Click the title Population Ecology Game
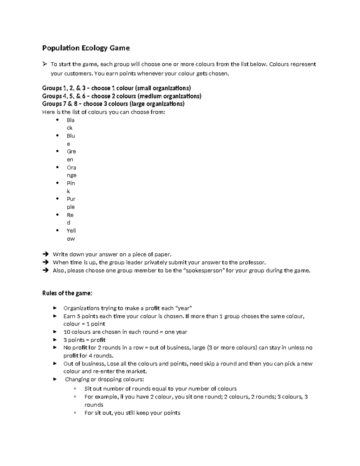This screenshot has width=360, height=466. tap(86, 48)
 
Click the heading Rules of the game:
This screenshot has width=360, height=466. tap(67, 293)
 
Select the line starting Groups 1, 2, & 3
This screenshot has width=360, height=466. tap(116, 88)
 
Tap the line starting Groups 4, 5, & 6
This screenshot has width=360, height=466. tap(121, 96)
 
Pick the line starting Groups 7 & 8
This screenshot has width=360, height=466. tap(113, 104)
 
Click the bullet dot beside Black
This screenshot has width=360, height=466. tap(57, 120)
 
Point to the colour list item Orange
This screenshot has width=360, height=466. tap(71, 171)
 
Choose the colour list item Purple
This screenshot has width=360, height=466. tap(71, 203)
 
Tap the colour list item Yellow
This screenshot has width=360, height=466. tap(71, 235)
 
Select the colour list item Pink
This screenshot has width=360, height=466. tap(71, 187)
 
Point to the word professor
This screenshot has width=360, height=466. tap(251, 263)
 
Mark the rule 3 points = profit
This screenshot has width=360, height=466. tap(84, 340)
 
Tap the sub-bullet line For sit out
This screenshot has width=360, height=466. tap(132, 413)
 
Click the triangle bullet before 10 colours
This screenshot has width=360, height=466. tap(55, 332)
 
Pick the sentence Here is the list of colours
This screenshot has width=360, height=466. tap(103, 112)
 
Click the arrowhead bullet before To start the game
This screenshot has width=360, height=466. tap(45, 64)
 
